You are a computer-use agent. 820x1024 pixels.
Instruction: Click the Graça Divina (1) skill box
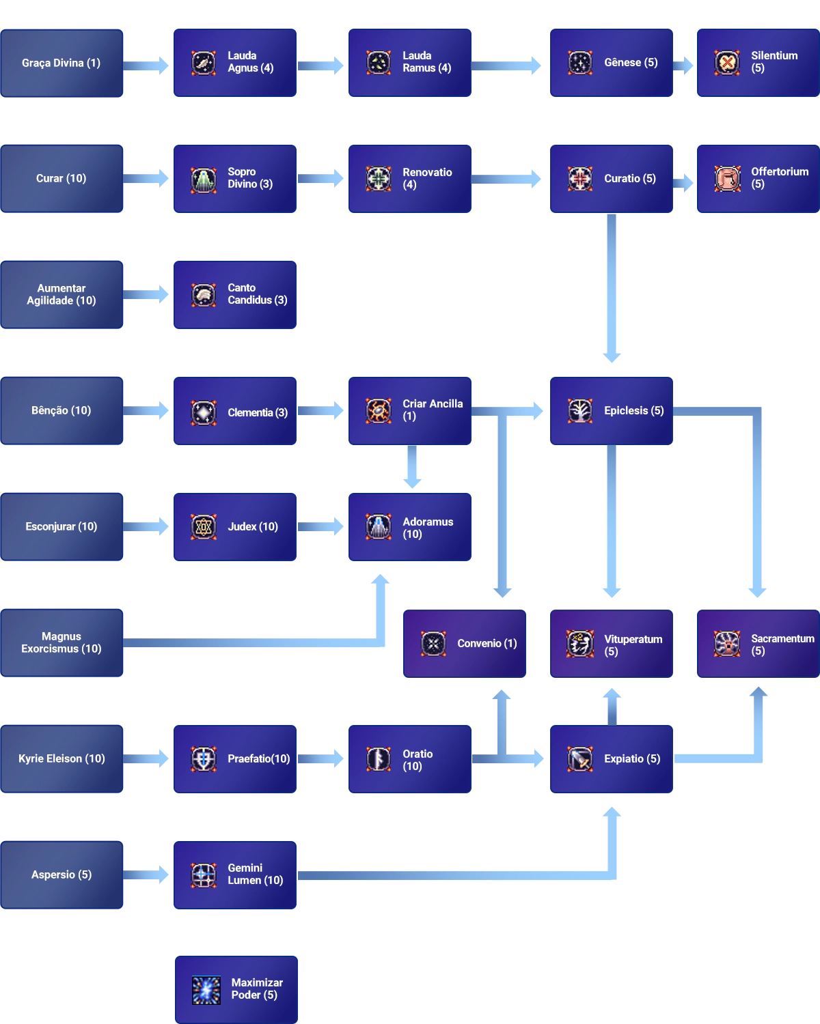pos(61,63)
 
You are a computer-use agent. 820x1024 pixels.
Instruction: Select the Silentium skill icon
pos(727,63)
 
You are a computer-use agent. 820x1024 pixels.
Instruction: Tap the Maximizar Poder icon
pos(206,990)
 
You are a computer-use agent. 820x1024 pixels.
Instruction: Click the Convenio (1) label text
pos(487,643)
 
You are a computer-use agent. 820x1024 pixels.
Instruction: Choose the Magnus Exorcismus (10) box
pos(61,642)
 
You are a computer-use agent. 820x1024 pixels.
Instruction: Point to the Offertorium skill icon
pos(727,179)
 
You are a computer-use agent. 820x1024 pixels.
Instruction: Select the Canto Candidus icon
pos(204,295)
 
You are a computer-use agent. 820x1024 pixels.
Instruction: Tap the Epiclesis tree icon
pos(580,411)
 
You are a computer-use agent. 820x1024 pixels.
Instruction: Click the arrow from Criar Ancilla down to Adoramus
pos(411,468)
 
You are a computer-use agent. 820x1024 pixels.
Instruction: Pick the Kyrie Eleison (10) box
pos(61,758)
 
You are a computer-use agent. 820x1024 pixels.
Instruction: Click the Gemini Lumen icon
pos(204,874)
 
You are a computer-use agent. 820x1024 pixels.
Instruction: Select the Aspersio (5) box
pos(61,874)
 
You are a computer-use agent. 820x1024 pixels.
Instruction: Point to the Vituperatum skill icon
pos(580,643)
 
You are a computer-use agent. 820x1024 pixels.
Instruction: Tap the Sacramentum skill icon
pos(727,643)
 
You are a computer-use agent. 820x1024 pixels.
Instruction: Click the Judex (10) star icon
pos(204,527)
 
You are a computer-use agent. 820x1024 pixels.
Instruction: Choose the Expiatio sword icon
pos(580,758)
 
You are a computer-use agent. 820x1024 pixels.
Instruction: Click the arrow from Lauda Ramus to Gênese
pos(509,66)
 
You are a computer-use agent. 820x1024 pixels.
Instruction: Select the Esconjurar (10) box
pos(61,526)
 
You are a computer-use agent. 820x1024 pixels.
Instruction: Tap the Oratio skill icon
pos(379,758)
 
